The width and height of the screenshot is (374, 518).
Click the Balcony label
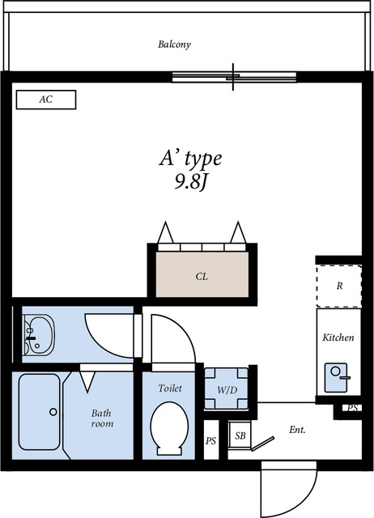[174, 45]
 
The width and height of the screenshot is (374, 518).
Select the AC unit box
[46, 100]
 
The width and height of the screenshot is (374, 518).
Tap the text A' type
[190, 159]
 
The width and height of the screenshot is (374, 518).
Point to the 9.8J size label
[190, 181]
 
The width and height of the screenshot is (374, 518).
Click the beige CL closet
[202, 274]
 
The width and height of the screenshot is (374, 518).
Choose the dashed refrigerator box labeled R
[338, 286]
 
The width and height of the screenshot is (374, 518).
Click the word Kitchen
[338, 338]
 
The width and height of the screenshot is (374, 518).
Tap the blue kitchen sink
[336, 377]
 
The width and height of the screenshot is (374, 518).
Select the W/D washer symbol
[227, 388]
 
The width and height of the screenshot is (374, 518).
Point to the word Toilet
[170, 388]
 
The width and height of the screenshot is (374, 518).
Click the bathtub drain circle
[53, 412]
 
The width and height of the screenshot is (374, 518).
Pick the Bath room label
[102, 418]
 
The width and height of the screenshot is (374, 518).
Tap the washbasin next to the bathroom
[39, 334]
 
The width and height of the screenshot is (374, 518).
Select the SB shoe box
[240, 435]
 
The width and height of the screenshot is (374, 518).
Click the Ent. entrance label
[297, 430]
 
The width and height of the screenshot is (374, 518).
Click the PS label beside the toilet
[210, 440]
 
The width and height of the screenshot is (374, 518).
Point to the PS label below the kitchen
[353, 408]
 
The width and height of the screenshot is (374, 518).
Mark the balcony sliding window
[234, 77]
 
